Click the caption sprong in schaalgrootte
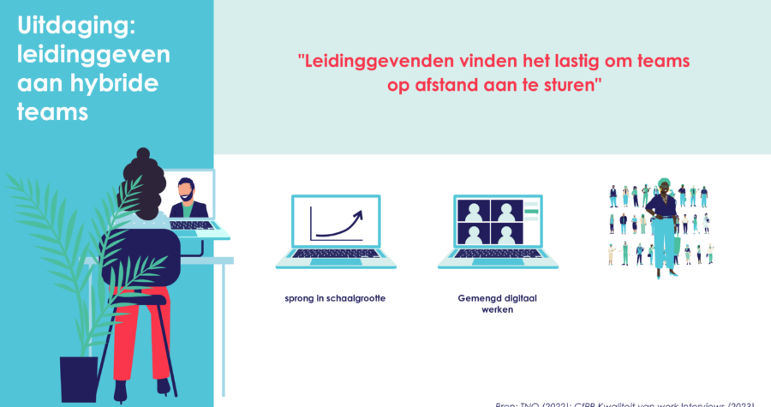tap(335, 299)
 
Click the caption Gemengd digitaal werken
tap(497, 304)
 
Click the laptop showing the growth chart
tap(336, 231)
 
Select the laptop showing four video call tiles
tap(498, 231)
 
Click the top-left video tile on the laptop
tap(474, 211)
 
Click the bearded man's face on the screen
tap(188, 190)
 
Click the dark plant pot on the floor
tap(78, 378)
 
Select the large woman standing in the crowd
tap(661, 223)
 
